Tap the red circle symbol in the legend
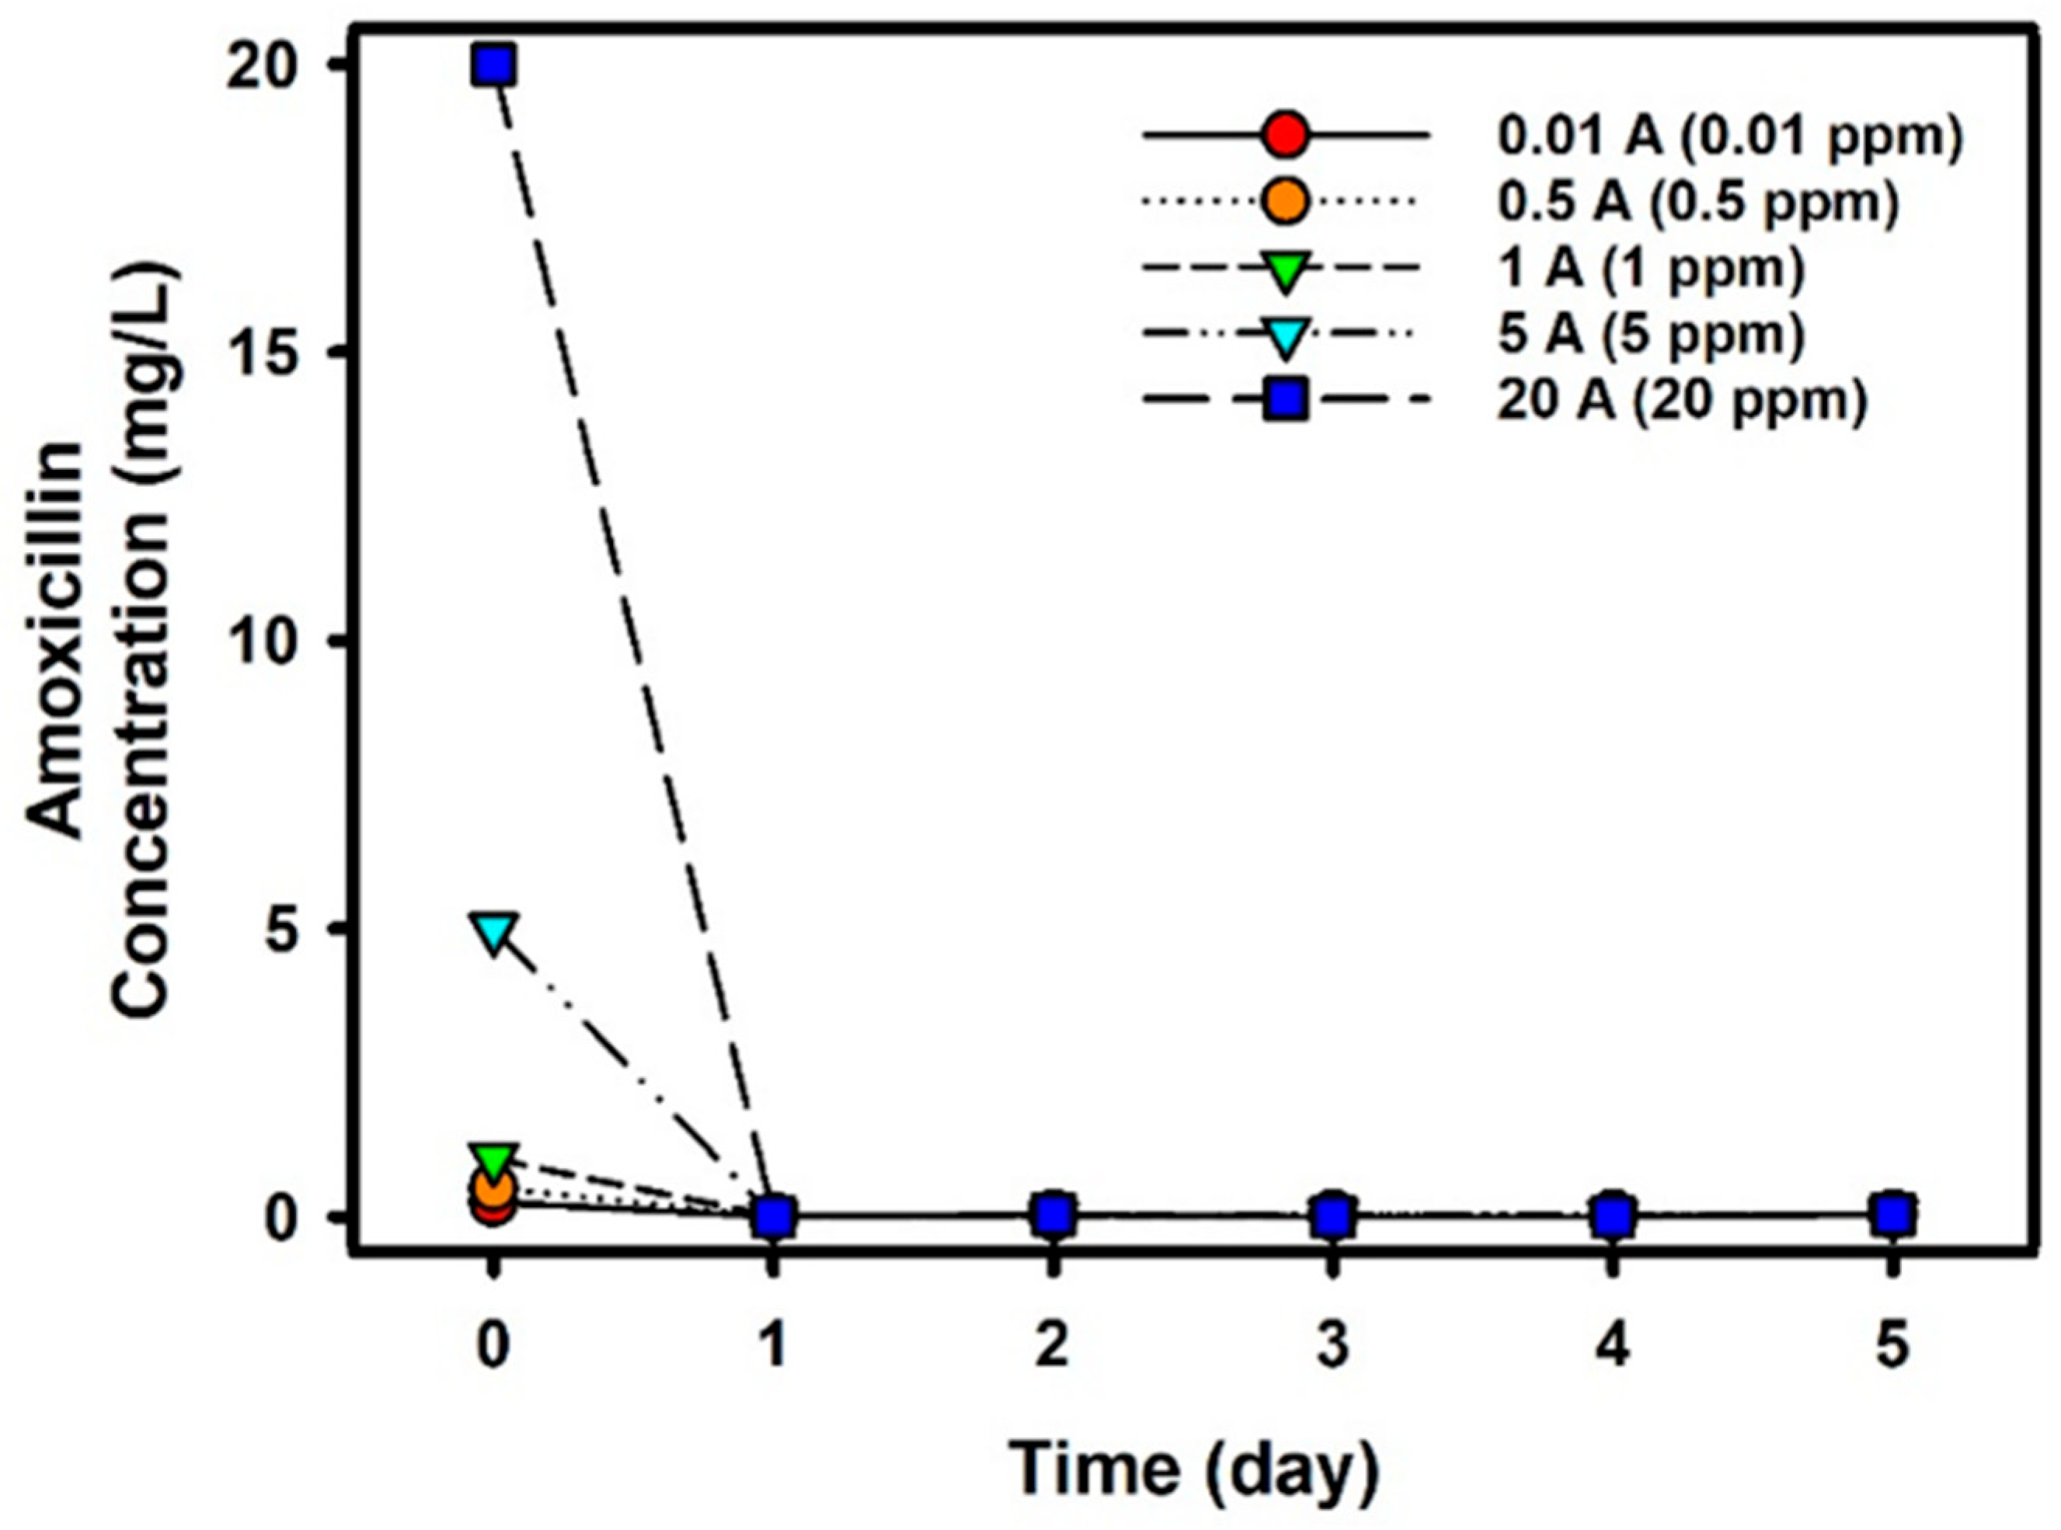[1285, 136]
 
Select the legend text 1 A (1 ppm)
[1652, 268]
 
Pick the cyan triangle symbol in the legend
[1285, 336]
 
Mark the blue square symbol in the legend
[1285, 401]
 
